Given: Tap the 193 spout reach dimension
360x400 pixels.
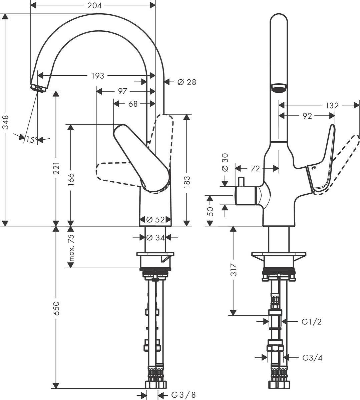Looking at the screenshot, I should [x=98, y=76].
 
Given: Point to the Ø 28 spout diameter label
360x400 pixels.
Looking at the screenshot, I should [x=187, y=82].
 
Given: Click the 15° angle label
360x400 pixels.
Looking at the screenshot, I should [x=31, y=140].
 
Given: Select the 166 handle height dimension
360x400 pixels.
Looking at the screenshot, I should [x=70, y=180].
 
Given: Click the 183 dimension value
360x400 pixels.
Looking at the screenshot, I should [x=187, y=183].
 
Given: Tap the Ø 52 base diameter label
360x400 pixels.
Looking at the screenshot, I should [x=155, y=220].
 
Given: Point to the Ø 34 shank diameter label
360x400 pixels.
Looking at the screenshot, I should [x=155, y=237].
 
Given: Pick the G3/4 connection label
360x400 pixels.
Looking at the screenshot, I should [x=312, y=358].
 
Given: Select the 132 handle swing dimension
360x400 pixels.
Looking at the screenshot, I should [x=332, y=106].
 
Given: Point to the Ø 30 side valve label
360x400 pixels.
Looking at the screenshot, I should [x=225, y=163].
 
